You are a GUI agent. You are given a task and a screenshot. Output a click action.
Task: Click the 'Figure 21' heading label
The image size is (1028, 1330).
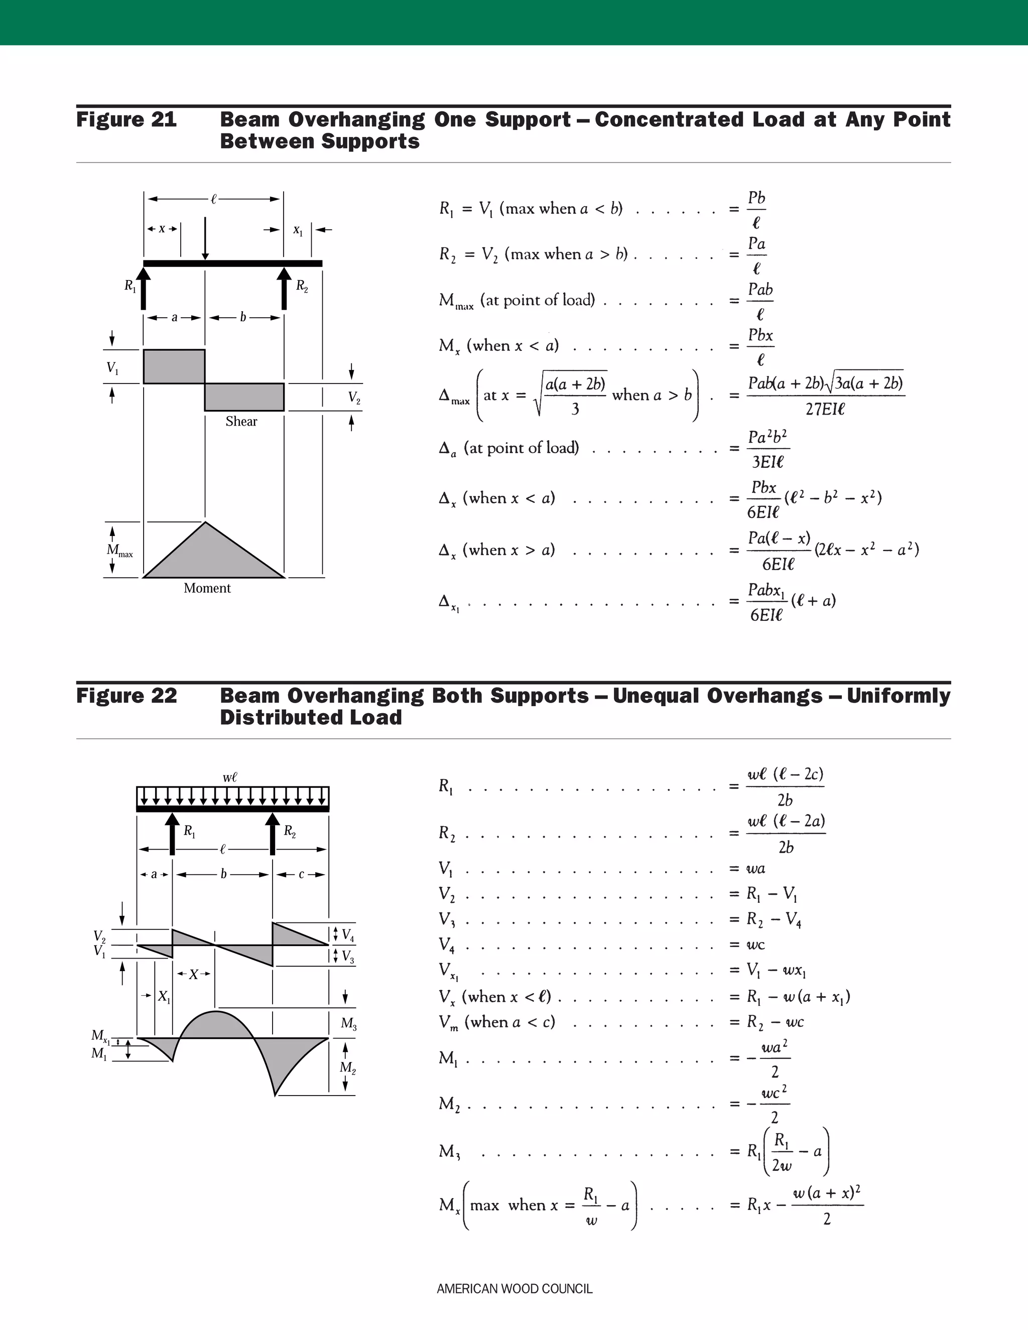pyautogui.click(x=126, y=119)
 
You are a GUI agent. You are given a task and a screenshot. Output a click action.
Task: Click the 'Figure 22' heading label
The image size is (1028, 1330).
pyautogui.click(x=126, y=696)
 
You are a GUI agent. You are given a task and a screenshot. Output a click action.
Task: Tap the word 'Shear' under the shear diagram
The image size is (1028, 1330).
pyautogui.click(x=241, y=422)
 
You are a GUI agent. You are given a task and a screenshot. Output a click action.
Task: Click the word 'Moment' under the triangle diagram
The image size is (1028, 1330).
pyautogui.click(x=207, y=588)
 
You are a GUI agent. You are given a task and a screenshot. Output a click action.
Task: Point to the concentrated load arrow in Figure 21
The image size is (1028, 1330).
pyautogui.click(x=205, y=237)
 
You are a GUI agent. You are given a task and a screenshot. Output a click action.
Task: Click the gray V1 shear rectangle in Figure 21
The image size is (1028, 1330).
pyautogui.click(x=174, y=366)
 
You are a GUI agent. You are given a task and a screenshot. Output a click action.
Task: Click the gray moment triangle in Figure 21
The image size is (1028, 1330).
pyautogui.click(x=207, y=557)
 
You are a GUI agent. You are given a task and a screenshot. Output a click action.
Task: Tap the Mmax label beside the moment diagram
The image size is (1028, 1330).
pyautogui.click(x=119, y=551)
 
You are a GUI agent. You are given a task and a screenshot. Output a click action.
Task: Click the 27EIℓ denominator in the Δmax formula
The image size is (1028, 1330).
pyautogui.click(x=825, y=409)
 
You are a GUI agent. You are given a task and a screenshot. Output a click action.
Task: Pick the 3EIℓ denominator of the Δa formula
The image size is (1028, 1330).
pyautogui.click(x=767, y=462)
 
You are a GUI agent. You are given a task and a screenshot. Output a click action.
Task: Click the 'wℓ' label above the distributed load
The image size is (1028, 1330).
pyautogui.click(x=229, y=777)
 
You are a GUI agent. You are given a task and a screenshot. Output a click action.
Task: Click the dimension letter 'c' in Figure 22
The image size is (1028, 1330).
pyautogui.click(x=301, y=874)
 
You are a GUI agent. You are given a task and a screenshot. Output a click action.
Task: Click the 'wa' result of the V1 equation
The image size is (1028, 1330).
pyautogui.click(x=756, y=868)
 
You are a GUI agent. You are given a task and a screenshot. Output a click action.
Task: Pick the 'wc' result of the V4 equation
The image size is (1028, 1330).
pyautogui.click(x=756, y=945)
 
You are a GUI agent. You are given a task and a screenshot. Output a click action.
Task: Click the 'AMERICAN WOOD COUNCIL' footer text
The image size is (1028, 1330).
pyautogui.click(x=514, y=1288)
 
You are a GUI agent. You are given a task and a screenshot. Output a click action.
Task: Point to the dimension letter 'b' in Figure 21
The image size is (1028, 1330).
pyautogui.click(x=242, y=317)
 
